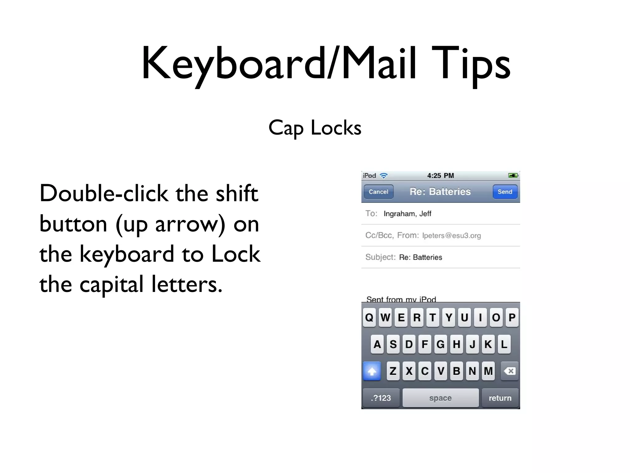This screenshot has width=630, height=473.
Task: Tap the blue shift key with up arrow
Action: pyautogui.click(x=372, y=371)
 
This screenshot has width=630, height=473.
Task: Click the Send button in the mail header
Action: pyautogui.click(x=505, y=192)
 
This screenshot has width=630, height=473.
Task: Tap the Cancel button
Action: pyautogui.click(x=378, y=192)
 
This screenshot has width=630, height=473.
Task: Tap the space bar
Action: pyautogui.click(x=441, y=398)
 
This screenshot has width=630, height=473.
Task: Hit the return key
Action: pyautogui.click(x=500, y=398)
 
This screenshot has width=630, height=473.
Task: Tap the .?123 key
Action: pyautogui.click(x=381, y=398)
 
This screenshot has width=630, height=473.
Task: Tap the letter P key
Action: pyautogui.click(x=512, y=317)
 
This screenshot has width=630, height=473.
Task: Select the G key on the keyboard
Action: pyautogui.click(x=441, y=344)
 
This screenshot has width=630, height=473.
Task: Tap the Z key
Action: pyautogui.click(x=393, y=371)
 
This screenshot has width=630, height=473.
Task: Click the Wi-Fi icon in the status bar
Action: pyautogui.click(x=384, y=176)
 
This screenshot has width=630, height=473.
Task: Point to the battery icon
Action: pyautogui.click(x=513, y=176)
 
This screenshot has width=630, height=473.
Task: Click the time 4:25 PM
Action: pyautogui.click(x=441, y=176)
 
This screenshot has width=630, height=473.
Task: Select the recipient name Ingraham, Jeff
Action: pyautogui.click(x=407, y=214)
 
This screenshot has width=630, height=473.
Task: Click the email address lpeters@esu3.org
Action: pyautogui.click(x=451, y=236)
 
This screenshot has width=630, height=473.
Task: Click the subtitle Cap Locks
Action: pyautogui.click(x=315, y=128)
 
